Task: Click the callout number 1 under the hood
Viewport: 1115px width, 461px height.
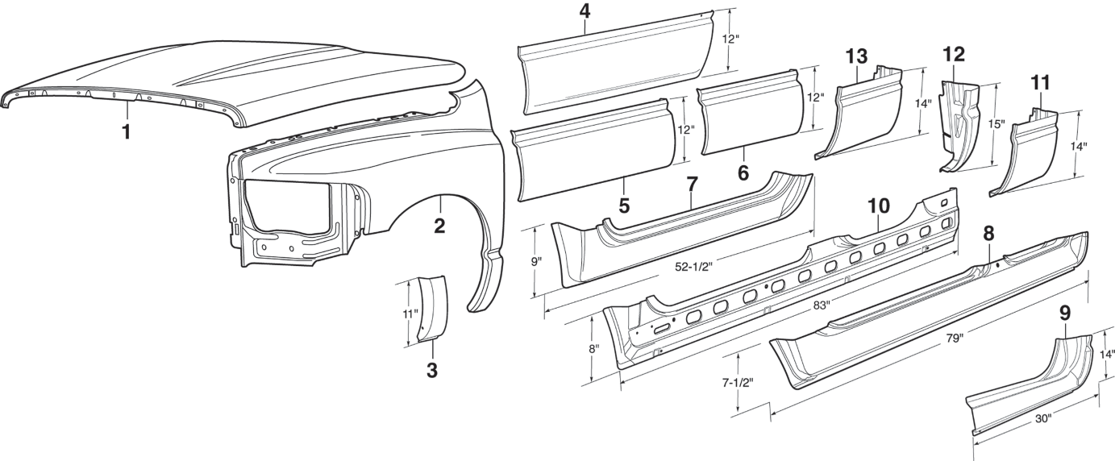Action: coord(127,132)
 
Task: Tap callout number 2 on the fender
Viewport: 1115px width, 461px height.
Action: coord(439,226)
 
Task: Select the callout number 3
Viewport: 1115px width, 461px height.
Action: coord(432,370)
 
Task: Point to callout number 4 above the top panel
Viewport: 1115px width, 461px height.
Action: coord(585,11)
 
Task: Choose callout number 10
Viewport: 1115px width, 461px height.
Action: coord(879,205)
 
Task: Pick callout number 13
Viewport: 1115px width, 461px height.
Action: coord(857,56)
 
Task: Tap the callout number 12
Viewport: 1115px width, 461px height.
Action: coord(954,54)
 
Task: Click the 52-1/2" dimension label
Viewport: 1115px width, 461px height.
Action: coord(693,267)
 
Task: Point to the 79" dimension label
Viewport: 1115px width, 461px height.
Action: coord(955,338)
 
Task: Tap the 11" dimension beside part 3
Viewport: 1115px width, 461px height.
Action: coord(410,314)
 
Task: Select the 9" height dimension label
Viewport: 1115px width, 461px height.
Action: coord(536,262)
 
